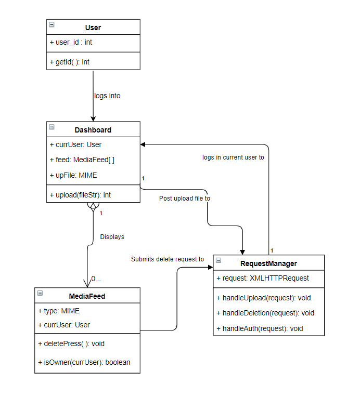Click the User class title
[93, 28]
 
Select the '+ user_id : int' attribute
[71, 43]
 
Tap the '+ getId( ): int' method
[69, 62]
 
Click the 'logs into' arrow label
[107, 96]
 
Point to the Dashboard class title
[93, 130]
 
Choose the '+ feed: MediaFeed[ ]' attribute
[82, 160]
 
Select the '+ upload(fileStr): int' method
[80, 195]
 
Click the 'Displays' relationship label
[112, 236]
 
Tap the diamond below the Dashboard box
[93, 207]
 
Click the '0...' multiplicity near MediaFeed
[96, 279]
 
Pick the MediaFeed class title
[87, 296]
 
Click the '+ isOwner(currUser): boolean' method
[84, 362]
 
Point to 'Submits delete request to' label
[167, 259]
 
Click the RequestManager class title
[268, 263]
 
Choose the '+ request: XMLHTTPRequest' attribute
[263, 278]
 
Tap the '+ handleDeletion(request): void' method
[268, 313]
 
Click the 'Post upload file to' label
[185, 198]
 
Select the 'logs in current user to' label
[233, 157]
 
